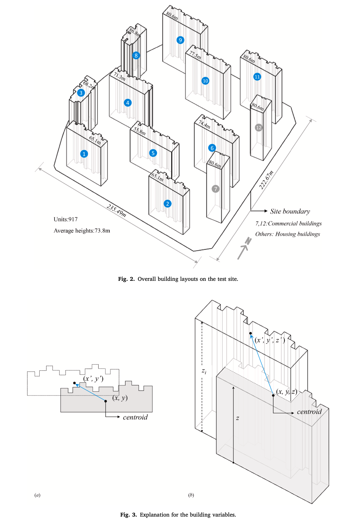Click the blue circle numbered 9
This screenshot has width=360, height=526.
pyautogui.click(x=180, y=40)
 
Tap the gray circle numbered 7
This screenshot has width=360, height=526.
pyautogui.click(x=215, y=189)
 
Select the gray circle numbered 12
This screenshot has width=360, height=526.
pyautogui.click(x=258, y=128)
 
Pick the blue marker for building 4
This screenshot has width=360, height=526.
pyautogui.click(x=128, y=103)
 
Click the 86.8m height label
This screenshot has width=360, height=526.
pyautogui.click(x=135, y=32)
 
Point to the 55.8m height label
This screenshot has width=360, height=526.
pyautogui.click(x=140, y=131)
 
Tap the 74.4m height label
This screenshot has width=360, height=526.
pyautogui.click(x=204, y=124)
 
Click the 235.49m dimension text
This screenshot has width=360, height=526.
pyautogui.click(x=117, y=211)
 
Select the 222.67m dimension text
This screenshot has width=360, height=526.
pyautogui.click(x=266, y=180)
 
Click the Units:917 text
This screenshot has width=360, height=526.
pyautogui.click(x=66, y=219)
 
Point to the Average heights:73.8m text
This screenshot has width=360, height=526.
pyautogui.click(x=82, y=231)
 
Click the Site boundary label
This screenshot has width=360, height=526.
pyautogui.click(x=290, y=211)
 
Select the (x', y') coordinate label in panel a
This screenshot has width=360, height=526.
pyautogui.click(x=93, y=379)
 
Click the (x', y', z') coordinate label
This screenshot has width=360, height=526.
pyautogui.click(x=270, y=340)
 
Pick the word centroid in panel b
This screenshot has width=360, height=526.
pyautogui.click(x=309, y=412)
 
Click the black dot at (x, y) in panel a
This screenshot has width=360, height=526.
pyautogui.click(x=106, y=401)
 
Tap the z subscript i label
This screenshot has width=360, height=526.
pyautogui.click(x=204, y=371)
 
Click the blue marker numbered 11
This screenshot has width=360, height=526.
pyautogui.click(x=257, y=77)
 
